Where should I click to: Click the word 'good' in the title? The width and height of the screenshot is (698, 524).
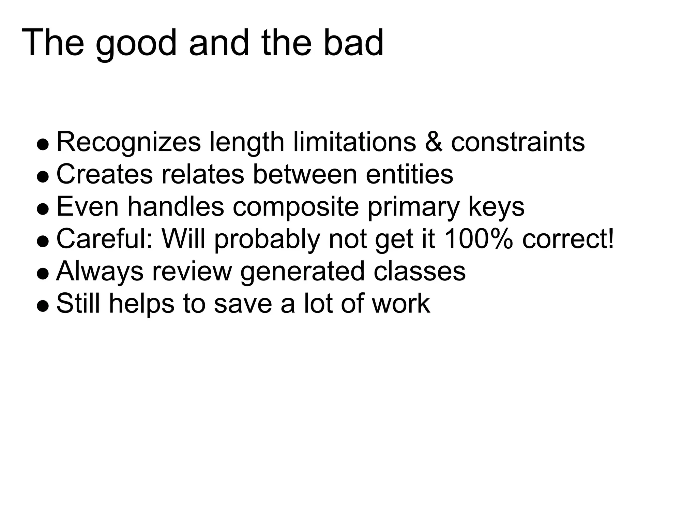[136, 44]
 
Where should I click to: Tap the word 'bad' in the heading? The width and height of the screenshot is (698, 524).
[353, 43]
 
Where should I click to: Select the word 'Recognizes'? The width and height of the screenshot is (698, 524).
[128, 143]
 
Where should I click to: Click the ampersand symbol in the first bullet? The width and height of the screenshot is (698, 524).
[434, 142]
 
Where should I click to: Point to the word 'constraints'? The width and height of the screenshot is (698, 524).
[518, 142]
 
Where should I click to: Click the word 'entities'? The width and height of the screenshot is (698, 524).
[409, 174]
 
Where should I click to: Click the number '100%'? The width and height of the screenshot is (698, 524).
[479, 238]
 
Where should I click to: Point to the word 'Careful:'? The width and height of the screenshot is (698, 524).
[104, 238]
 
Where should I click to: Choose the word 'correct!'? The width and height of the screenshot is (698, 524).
[568, 238]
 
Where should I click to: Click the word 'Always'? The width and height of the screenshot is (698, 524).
[100, 271]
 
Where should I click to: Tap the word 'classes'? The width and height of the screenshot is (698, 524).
[419, 271]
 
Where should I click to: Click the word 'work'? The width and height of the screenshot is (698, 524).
[401, 303]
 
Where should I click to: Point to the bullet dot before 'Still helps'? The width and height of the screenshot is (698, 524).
[43, 306]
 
